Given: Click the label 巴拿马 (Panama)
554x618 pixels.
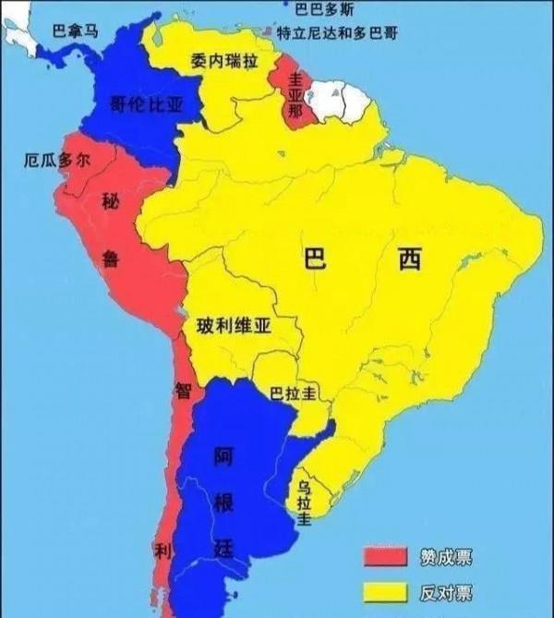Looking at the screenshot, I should coord(74,30).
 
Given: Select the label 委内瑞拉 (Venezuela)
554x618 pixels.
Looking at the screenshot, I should coord(223,62).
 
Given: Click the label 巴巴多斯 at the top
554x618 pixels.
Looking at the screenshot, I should coord(324,9).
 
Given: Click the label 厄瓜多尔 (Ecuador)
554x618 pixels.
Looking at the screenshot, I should coord(57,160).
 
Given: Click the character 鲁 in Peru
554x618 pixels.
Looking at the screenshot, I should coord(111,260).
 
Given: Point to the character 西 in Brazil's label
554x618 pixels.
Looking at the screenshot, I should coord(409,261).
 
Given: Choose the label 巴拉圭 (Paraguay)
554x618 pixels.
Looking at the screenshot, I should coord(294,393).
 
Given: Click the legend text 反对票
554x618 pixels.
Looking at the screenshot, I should coord(448,592).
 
